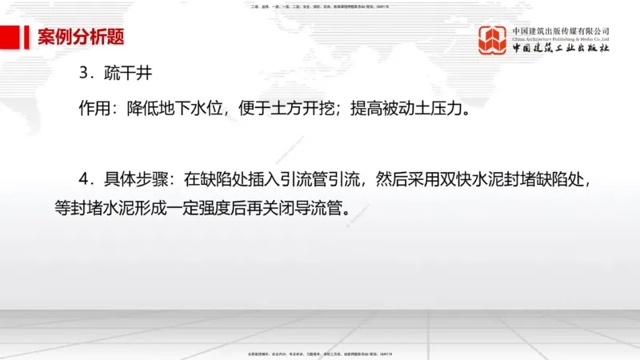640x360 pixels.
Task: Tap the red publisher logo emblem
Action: [x=494, y=40]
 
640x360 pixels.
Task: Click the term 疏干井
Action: [x=128, y=74]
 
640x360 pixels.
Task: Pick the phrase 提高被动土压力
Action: [x=405, y=108]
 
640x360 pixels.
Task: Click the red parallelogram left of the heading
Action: [x=12, y=37]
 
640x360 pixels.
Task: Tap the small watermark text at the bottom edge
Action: [x=320, y=353]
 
